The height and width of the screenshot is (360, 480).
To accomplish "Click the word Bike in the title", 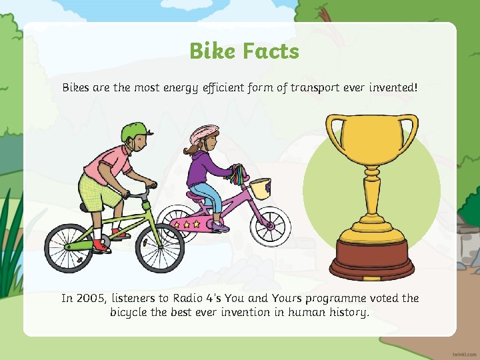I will tap(211, 51).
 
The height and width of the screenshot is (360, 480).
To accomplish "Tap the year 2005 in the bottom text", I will tap(91, 298).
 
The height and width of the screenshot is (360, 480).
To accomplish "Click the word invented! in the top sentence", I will tap(392, 87).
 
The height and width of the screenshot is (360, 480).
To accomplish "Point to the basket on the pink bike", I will tap(261, 187).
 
